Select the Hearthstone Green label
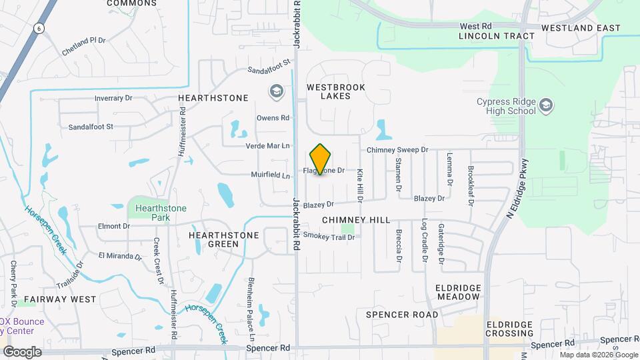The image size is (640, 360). point(213,239)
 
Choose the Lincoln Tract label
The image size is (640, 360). point(497,36)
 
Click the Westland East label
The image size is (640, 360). point(581,28)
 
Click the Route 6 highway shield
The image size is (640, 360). point(40,27)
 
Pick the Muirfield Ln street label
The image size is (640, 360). point(271,176)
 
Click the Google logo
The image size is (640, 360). point(22,351)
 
